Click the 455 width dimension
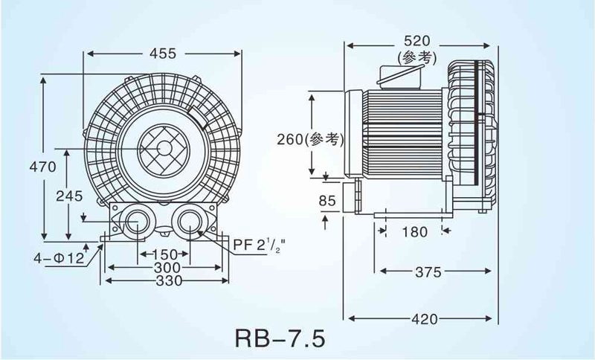click(163, 54)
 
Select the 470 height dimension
click(42, 167)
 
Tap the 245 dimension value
click(69, 196)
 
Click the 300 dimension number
click(167, 268)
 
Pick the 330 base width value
click(169, 280)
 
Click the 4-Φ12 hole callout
click(59, 258)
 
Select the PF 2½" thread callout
click(258, 245)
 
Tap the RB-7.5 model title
click(280, 338)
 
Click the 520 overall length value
click(417, 41)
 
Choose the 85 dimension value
click(327, 200)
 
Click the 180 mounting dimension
click(414, 232)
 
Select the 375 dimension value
click(428, 272)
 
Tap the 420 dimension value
click(425, 319)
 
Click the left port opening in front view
click(137, 222)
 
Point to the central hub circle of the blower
click(164, 148)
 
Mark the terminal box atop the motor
click(400, 75)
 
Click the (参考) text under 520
click(417, 58)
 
